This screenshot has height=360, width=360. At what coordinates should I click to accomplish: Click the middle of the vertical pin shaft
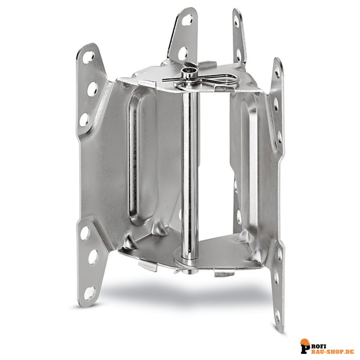click(x=190, y=172)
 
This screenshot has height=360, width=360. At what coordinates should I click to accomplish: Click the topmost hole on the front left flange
click(x=88, y=57)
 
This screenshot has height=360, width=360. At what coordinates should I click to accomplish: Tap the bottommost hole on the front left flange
click(x=89, y=293)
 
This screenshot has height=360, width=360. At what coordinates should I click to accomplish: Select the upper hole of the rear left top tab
click(x=187, y=20)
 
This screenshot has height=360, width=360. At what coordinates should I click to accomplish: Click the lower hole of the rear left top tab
click(x=183, y=53)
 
